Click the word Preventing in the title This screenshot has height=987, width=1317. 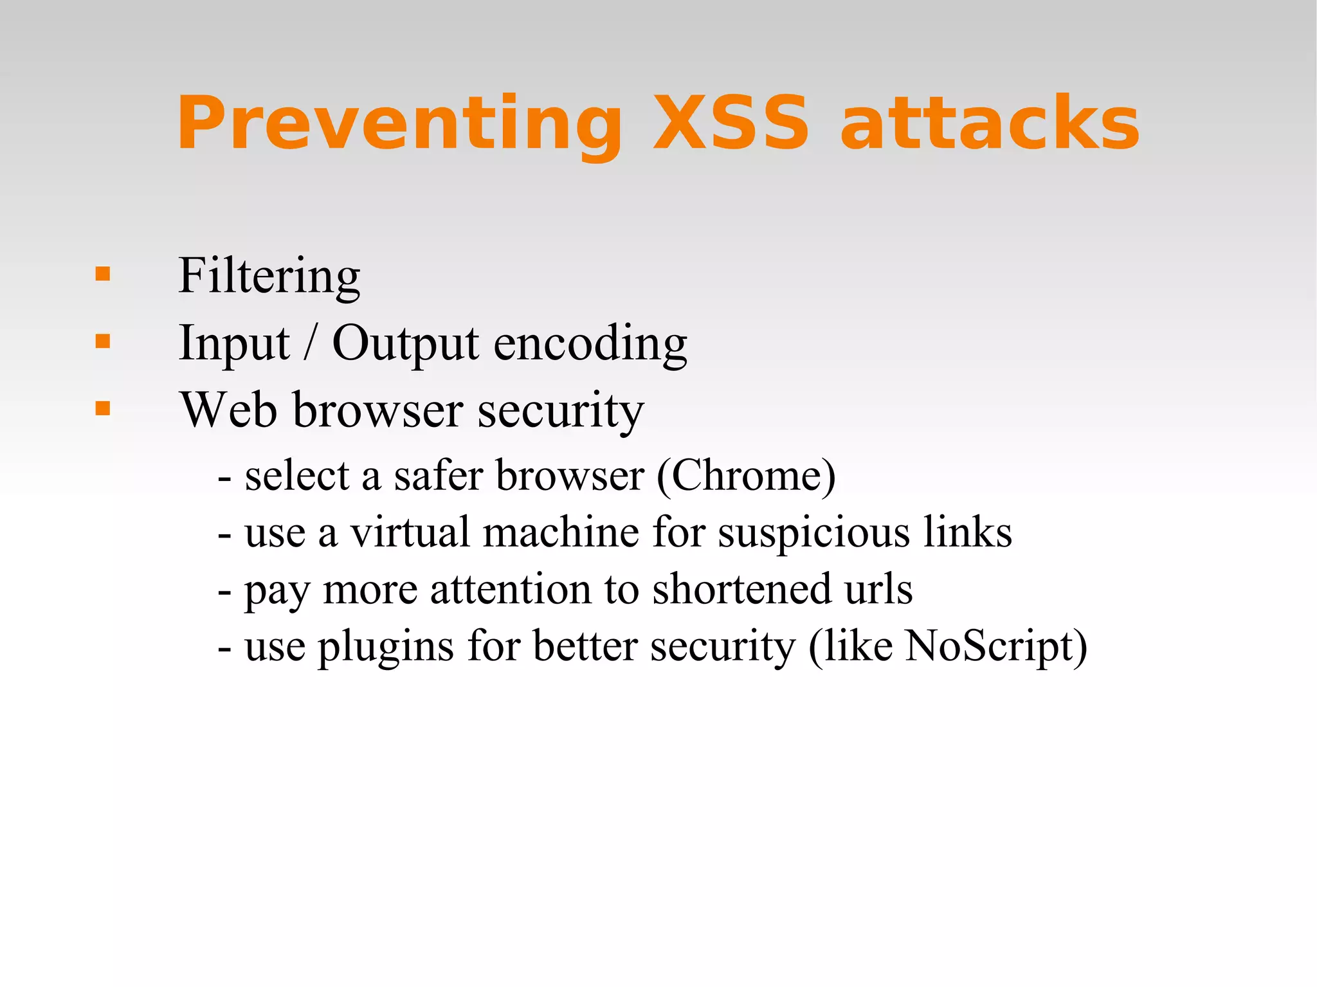pos(399,124)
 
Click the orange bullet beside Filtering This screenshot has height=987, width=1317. pos(102,275)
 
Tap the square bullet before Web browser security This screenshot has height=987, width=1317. pos(102,408)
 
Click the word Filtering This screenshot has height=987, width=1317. pos(269,276)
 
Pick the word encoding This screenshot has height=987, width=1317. pos(590,345)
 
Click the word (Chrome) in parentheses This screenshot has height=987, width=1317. pos(746,476)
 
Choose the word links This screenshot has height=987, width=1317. pos(968,533)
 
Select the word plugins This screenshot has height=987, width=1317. pos(386,647)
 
